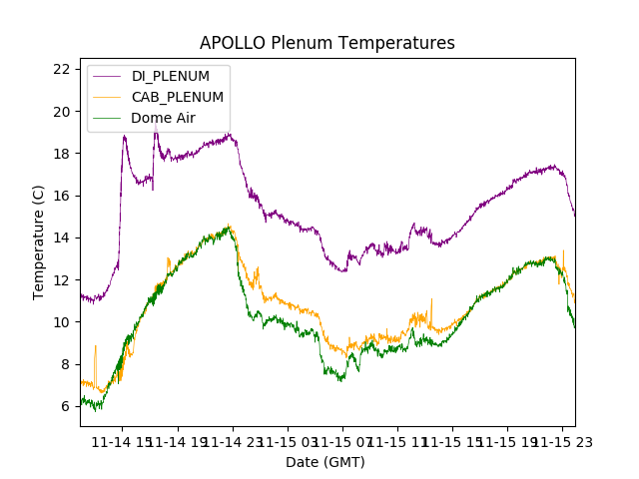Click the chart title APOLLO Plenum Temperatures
coord(326,43)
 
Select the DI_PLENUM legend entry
coord(171,76)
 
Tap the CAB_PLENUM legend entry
coord(178,97)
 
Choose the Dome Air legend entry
coord(163,118)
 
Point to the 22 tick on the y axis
coord(62,69)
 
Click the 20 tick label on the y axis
coord(62,112)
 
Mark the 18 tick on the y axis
coord(62,154)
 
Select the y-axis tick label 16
coord(62,196)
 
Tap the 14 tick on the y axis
coord(62,238)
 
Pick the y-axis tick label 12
coord(62,280)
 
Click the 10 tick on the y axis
coord(62,322)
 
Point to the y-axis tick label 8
coord(66,364)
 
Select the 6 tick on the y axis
coord(66,406)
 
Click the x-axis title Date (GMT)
coord(325,462)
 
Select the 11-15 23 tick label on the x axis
coord(559,441)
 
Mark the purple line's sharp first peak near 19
coord(125,136)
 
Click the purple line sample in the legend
coord(107,76)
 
